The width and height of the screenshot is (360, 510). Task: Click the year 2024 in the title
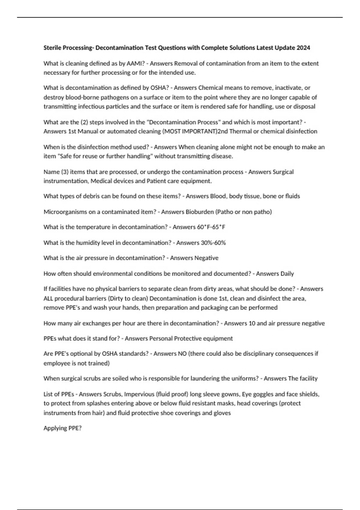click(303, 48)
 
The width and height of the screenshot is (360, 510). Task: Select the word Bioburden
click(199, 212)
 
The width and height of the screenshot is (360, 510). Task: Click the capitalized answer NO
click(182, 354)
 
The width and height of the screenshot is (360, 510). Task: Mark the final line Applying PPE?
click(62, 428)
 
